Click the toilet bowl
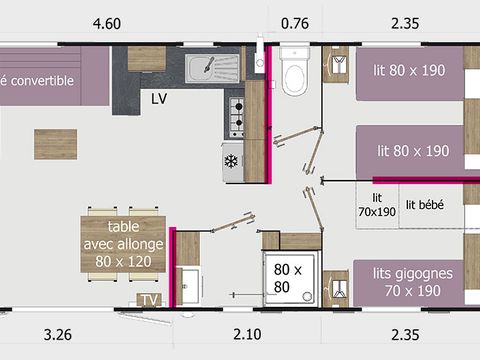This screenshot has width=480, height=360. coord(294,72)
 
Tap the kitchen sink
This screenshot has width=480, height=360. coord(212,68)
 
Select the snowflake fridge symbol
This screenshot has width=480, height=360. coord(231,161)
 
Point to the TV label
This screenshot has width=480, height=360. coord(149,300)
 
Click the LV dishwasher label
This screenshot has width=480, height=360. coord(159,99)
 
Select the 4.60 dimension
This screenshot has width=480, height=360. coord(107,24)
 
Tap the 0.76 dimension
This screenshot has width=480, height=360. coord(295,24)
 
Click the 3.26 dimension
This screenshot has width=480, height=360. coord(58,335)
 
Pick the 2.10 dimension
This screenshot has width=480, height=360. coord(247,334)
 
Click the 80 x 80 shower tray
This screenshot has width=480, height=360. coord(289,278)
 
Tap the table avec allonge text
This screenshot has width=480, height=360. coord(123,244)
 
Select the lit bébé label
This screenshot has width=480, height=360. coord(424,205)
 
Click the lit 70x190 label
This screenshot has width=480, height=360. coord(377,205)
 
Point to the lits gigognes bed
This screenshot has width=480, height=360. coord(408,283)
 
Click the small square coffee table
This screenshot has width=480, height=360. coord(56,144)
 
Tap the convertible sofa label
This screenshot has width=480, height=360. coord(37,80)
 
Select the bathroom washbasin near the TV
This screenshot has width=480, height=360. coord(189,286)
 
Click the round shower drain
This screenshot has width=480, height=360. coord(307,296)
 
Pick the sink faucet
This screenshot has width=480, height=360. coord(209,64)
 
